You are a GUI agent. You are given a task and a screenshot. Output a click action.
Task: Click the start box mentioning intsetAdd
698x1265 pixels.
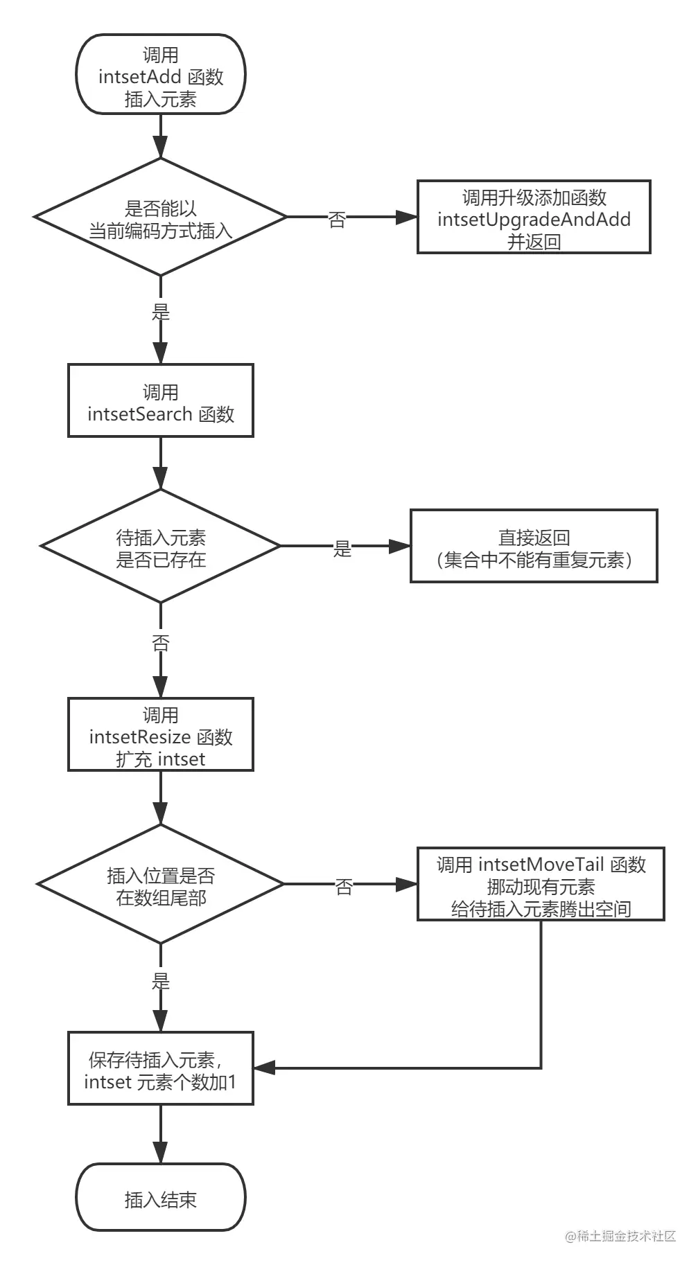tap(160, 75)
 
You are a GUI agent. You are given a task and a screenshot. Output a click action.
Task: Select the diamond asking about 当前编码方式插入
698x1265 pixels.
tap(160, 218)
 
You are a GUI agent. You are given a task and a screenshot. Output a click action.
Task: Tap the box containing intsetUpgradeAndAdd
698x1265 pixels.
tap(533, 218)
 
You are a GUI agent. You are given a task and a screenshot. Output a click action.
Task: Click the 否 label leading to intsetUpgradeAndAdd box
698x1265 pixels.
tap(337, 220)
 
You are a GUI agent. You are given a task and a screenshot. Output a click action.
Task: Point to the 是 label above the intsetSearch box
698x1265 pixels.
tap(161, 312)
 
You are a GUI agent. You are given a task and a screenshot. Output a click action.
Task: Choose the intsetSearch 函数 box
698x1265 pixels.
tap(160, 400)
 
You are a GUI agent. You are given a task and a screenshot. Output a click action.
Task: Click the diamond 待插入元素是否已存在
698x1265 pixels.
tap(160, 547)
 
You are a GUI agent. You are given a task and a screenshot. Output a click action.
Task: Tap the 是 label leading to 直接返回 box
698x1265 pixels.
tap(342, 549)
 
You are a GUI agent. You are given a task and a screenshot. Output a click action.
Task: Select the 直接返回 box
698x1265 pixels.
tap(533, 547)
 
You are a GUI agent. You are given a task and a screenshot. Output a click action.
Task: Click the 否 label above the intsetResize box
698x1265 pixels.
tap(161, 643)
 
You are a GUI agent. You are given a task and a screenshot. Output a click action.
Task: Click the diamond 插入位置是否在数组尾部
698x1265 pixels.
tap(160, 885)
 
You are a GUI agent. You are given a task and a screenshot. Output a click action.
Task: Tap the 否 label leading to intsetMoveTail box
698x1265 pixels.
tap(344, 887)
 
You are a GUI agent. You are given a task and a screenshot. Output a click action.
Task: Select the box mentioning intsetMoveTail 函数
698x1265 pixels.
tap(541, 885)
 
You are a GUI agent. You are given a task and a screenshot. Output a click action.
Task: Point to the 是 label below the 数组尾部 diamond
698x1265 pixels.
tap(161, 981)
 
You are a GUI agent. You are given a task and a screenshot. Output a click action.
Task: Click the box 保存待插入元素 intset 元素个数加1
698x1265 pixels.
tap(160, 1068)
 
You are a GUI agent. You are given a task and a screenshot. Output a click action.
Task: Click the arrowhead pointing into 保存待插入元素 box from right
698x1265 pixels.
tap(265, 1068)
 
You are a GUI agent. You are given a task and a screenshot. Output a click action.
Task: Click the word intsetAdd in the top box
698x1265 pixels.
tap(139, 76)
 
